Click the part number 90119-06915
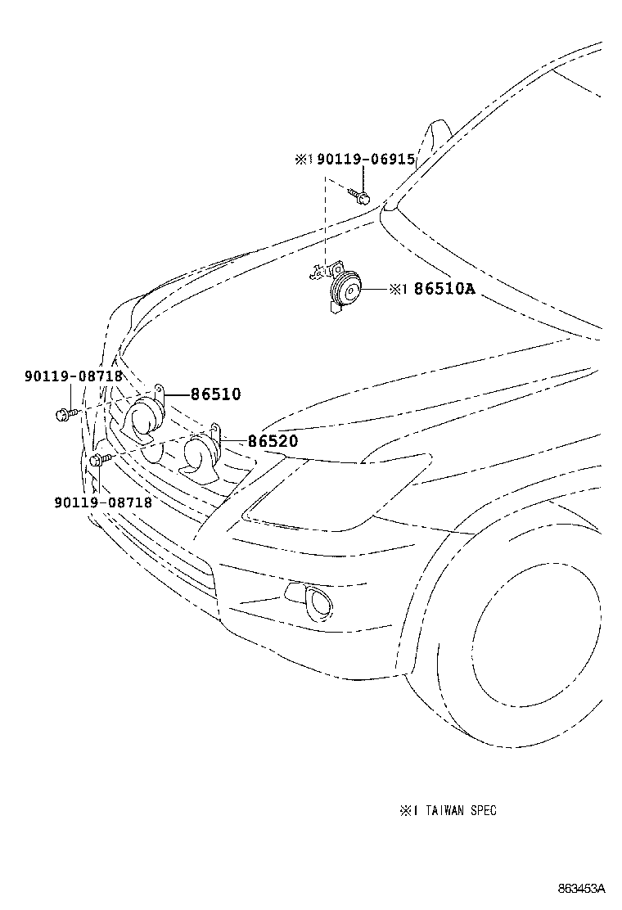click(366, 160)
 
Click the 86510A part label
click(444, 289)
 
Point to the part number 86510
click(216, 394)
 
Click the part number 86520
click(273, 442)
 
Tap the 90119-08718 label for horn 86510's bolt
click(74, 376)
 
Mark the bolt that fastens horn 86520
click(99, 460)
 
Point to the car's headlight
click(344, 491)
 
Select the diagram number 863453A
click(582, 889)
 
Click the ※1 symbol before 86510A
click(398, 289)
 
